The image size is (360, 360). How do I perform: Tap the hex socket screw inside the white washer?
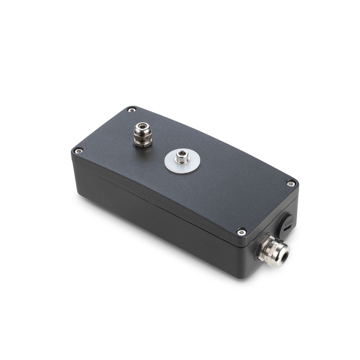click(182, 157)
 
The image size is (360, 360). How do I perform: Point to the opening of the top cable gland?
click(142, 125)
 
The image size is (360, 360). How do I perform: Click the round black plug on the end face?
click(287, 225)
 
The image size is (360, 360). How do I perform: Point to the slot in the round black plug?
click(287, 229)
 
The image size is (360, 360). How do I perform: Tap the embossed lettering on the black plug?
click(288, 221)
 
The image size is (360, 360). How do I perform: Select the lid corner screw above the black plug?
click(291, 183)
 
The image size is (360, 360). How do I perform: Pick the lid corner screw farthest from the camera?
click(132, 110)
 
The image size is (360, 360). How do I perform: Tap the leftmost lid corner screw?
click(78, 151)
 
